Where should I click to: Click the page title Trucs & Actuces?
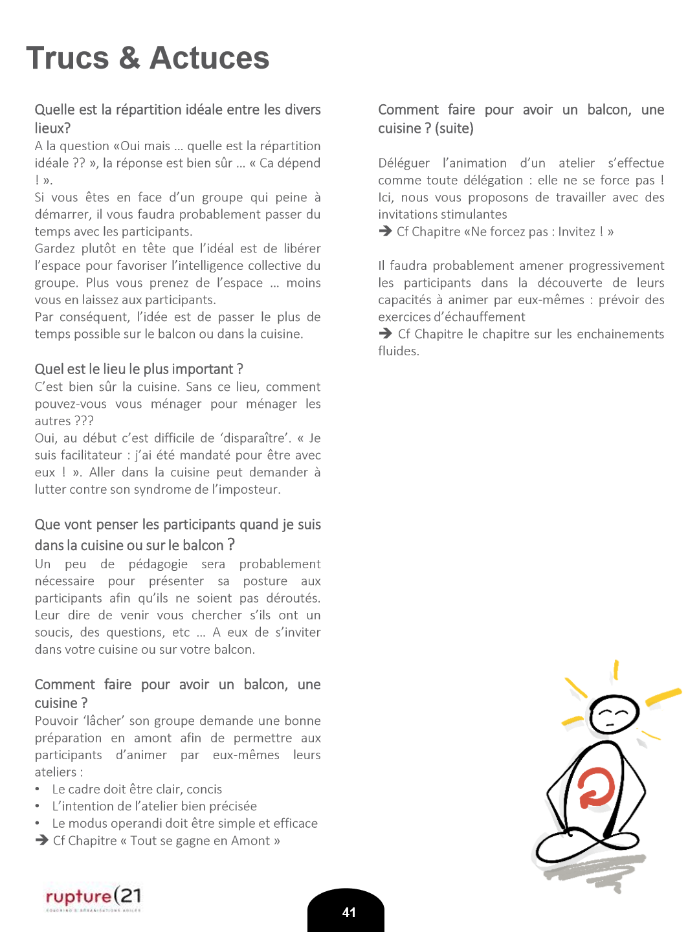tap(148, 58)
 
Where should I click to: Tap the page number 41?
tap(349, 913)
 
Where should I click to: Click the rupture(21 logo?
tap(93, 897)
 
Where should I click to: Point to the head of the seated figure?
tap(614, 714)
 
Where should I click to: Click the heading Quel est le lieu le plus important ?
tap(139, 369)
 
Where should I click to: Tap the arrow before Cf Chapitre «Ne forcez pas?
tap(385, 231)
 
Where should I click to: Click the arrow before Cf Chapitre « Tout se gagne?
tap(42, 840)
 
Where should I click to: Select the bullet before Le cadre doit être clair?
tap(38, 789)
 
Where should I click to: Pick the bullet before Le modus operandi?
tap(38, 823)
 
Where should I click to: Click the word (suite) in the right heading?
tap(454, 128)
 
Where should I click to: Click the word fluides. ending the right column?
tap(399, 351)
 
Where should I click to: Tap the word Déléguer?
tap(404, 163)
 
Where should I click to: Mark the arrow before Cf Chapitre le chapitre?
tap(385, 333)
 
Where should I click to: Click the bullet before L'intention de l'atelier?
tap(38, 806)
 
